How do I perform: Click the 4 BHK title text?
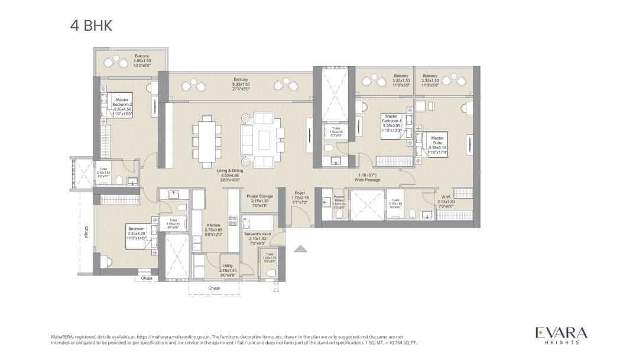tap(90, 26)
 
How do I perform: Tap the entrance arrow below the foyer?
tap(300, 249)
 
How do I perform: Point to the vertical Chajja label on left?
tap(86, 232)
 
